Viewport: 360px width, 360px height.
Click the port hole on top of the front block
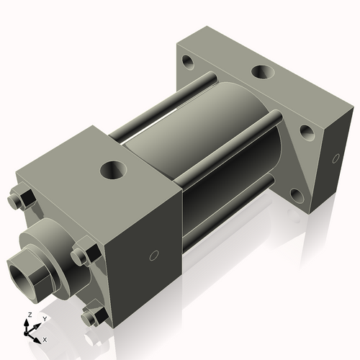(114, 171)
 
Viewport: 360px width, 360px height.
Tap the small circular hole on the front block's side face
(153, 255)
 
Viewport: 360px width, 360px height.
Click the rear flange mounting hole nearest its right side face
(307, 130)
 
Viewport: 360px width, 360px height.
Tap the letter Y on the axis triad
(44, 318)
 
